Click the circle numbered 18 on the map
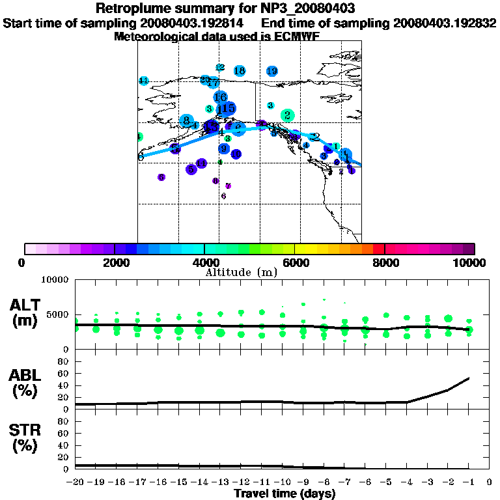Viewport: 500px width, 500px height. (x=239, y=70)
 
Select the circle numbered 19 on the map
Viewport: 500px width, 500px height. (x=272, y=70)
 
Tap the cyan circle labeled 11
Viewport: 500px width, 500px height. (x=143, y=81)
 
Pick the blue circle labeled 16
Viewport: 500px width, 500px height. (x=220, y=97)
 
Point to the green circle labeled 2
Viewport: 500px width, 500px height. (x=287, y=115)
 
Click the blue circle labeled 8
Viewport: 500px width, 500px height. (x=186, y=120)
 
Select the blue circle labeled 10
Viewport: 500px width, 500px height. (x=236, y=154)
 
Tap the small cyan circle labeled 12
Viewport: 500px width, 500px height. (x=219, y=68)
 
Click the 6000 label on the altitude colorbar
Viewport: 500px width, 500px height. (x=295, y=262)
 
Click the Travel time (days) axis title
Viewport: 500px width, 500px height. (x=285, y=494)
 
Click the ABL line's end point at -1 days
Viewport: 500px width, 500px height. (x=469, y=378)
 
